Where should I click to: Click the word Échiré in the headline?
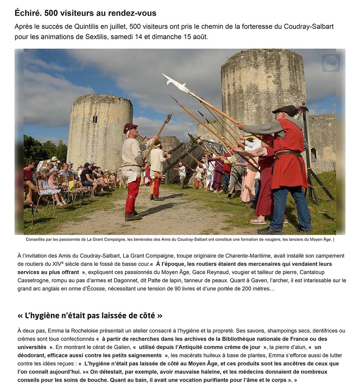27,13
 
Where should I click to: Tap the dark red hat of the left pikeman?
130,127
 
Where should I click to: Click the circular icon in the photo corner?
330,63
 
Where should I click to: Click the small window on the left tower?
95,119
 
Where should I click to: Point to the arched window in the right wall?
313,155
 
